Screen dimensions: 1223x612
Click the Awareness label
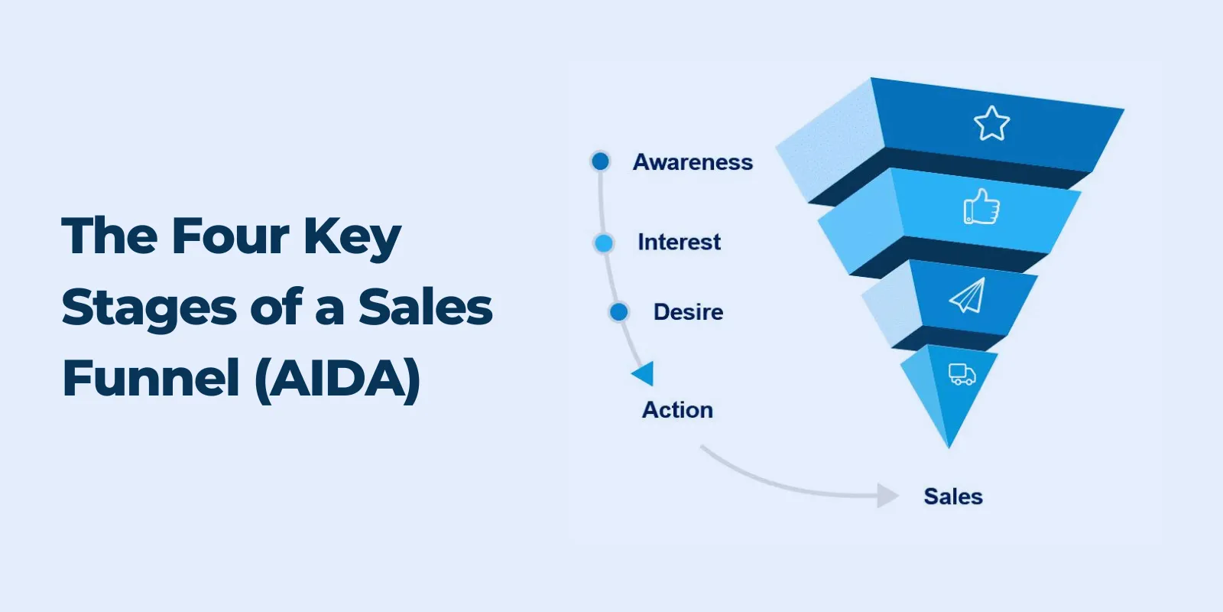click(x=693, y=162)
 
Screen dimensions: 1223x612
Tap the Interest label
click(x=680, y=242)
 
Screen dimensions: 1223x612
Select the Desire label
click(x=689, y=312)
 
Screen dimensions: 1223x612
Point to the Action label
click(x=677, y=410)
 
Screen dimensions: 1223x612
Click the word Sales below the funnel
click(x=953, y=496)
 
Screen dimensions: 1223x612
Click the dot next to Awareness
click(x=601, y=161)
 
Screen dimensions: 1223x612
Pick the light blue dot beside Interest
click(x=603, y=243)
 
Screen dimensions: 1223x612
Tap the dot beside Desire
click(x=618, y=312)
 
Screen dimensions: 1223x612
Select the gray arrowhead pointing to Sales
click(x=887, y=496)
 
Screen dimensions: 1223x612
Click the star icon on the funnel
click(x=991, y=123)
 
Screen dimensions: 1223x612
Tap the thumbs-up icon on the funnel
click(x=981, y=207)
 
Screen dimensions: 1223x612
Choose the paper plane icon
click(x=968, y=295)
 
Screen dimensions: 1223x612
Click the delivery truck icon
click(x=962, y=374)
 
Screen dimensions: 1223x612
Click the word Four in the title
click(x=230, y=236)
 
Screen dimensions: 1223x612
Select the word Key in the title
click(x=352, y=239)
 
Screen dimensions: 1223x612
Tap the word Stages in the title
click(x=150, y=310)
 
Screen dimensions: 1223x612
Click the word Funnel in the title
click(x=151, y=378)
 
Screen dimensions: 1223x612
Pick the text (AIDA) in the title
click(x=338, y=379)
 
